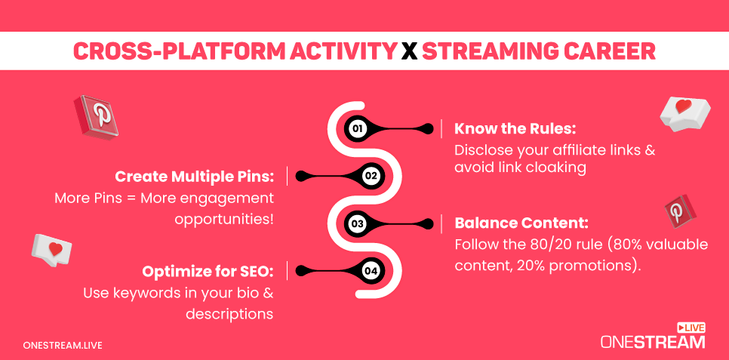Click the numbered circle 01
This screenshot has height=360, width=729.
pos(357,128)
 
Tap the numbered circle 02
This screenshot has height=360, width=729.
pos(371,176)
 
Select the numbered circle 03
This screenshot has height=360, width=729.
pos(357,223)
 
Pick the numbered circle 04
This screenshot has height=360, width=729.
pos(371,270)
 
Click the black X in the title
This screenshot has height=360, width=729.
pos(409,51)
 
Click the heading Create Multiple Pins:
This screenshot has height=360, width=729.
pos(195,177)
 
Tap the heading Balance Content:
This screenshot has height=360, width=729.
pos(521,223)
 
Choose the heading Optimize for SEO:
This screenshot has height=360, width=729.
pos(208,271)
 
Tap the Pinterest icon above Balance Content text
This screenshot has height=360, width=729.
pos(680,211)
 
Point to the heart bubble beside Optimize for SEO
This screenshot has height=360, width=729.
pos(51,251)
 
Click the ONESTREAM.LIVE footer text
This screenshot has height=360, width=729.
pos(63,346)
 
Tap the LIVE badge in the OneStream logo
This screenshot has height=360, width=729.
pos(691,328)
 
